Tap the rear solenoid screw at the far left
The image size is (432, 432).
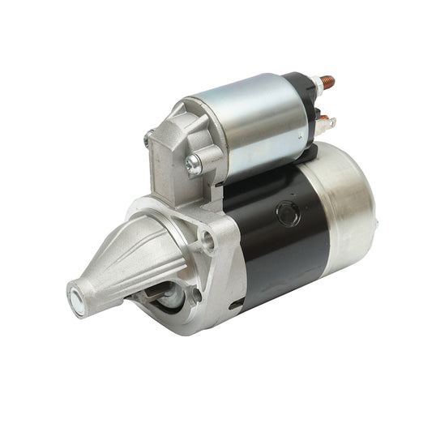[x=148, y=139]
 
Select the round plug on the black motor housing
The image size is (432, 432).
[x=288, y=214]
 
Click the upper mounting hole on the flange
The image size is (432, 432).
[x=209, y=238]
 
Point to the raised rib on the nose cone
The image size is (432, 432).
[x=130, y=255]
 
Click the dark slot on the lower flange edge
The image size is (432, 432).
[x=235, y=306]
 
